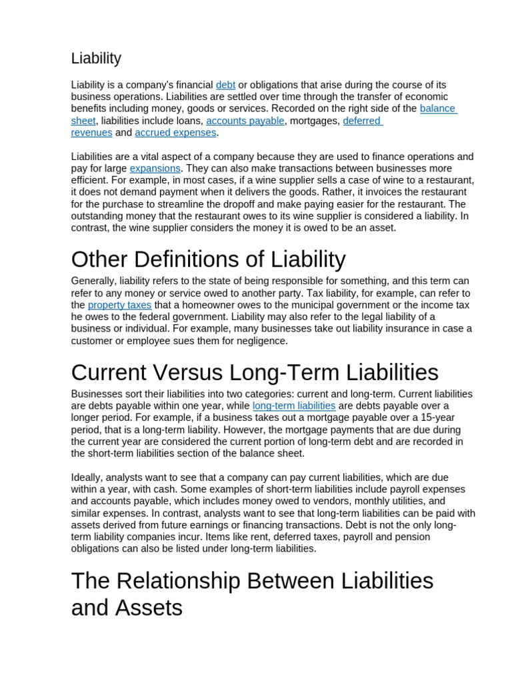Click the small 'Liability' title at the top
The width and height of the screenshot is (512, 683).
pyautogui.click(x=96, y=58)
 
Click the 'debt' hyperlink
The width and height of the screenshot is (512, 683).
pyautogui.click(x=225, y=85)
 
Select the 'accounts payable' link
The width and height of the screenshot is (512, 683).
pyautogui.click(x=245, y=121)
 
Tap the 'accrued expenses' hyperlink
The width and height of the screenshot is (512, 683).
pyautogui.click(x=175, y=133)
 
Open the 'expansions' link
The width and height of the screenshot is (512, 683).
pyautogui.click(x=155, y=169)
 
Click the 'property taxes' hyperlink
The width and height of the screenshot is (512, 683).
pyautogui.click(x=119, y=305)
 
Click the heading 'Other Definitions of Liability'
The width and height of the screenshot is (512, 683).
pyautogui.click(x=208, y=259)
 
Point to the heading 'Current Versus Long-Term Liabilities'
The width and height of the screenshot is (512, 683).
pyautogui.click(x=255, y=372)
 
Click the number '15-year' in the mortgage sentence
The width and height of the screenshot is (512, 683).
pyautogui.click(x=430, y=418)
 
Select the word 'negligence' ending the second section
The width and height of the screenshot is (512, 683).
pyautogui.click(x=260, y=341)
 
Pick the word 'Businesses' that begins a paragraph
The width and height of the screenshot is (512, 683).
pyautogui.click(x=97, y=394)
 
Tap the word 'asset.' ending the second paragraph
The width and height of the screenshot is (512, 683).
pyautogui.click(x=383, y=228)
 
